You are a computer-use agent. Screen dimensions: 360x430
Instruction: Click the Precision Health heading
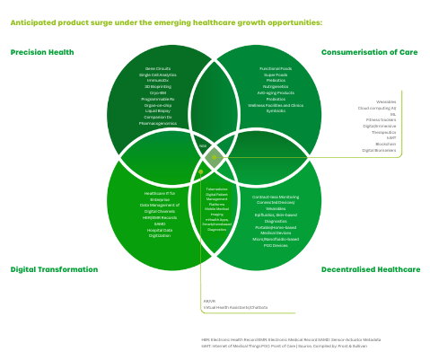point(41,52)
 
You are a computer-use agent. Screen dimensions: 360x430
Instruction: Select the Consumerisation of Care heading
point(370,52)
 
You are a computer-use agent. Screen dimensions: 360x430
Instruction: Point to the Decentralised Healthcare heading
point(370,268)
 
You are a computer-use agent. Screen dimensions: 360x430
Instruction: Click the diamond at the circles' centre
point(214,158)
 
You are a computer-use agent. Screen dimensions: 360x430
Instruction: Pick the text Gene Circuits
point(158,68)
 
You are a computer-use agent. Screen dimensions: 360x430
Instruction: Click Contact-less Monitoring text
point(276,197)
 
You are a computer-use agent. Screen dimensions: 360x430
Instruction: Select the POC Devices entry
point(276,245)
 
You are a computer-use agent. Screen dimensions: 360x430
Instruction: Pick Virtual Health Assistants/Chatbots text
point(235,307)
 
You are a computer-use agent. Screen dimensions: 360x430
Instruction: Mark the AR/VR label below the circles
point(209,301)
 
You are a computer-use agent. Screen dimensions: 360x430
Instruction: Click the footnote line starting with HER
point(290,339)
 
